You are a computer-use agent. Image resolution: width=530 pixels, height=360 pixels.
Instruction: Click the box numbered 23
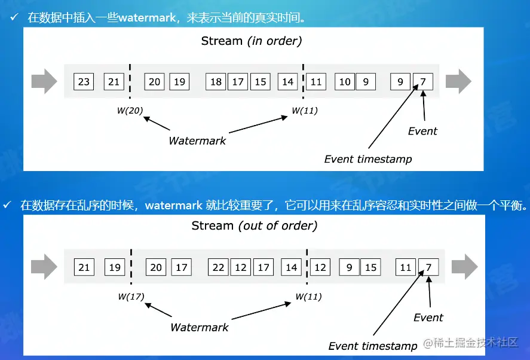(x=84, y=81)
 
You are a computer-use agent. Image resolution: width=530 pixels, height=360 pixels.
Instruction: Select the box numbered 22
(x=219, y=267)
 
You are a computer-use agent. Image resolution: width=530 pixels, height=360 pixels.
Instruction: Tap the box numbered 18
(x=216, y=81)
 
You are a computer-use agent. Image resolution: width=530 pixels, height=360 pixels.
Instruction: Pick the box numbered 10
(x=345, y=81)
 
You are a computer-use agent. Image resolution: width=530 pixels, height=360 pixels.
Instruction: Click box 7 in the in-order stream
(x=423, y=81)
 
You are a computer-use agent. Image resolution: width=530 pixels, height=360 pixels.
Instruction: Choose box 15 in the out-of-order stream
(x=371, y=267)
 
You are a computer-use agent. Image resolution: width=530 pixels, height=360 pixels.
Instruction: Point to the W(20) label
(x=130, y=110)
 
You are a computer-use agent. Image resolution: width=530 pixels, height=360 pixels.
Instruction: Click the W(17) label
(x=131, y=296)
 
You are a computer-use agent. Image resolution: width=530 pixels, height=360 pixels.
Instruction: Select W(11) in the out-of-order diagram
(x=309, y=296)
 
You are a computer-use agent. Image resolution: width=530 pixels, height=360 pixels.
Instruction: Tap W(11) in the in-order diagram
(x=304, y=110)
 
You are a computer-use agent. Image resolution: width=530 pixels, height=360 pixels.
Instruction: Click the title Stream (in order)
(x=251, y=41)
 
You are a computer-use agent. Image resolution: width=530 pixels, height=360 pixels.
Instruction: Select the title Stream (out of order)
(x=254, y=226)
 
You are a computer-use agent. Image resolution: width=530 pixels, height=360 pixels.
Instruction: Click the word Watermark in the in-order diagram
(x=197, y=141)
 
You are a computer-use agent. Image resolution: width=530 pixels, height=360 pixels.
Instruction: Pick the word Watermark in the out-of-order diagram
(x=200, y=327)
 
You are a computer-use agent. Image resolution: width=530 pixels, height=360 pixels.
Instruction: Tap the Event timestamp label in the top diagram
(x=367, y=159)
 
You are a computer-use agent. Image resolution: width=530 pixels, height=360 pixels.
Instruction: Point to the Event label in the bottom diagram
(x=428, y=317)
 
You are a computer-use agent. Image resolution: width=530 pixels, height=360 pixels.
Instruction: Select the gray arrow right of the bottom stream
(x=464, y=267)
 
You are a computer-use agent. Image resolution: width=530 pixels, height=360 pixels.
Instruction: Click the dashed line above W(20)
(x=130, y=81)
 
